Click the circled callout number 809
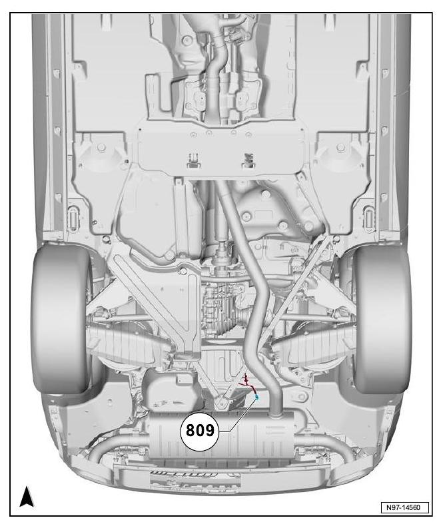click(x=200, y=431)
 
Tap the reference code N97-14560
click(x=405, y=507)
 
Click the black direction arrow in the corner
click(x=27, y=497)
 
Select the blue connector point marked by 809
click(x=257, y=397)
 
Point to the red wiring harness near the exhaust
click(x=248, y=384)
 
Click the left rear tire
click(x=61, y=319)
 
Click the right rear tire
click(x=382, y=319)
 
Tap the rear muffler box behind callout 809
click(x=222, y=434)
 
